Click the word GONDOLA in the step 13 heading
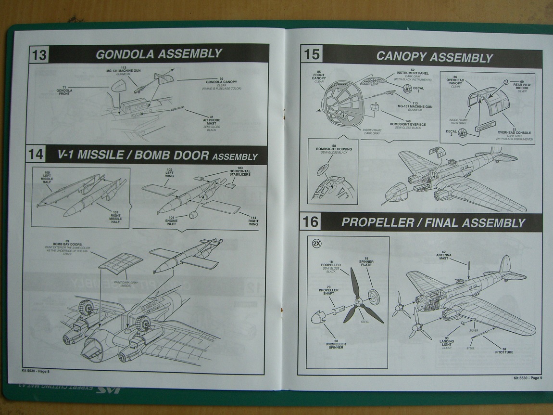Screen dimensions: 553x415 click(x=124, y=54)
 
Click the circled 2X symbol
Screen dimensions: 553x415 click(x=316, y=243)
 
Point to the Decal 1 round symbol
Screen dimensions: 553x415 click(x=406, y=88)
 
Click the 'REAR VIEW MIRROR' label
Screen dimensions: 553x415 click(x=521, y=85)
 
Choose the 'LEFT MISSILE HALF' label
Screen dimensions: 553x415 click(x=47, y=178)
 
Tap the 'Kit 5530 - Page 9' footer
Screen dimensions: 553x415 click(x=527, y=377)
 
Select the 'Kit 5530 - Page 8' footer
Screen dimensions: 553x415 click(x=36, y=371)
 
